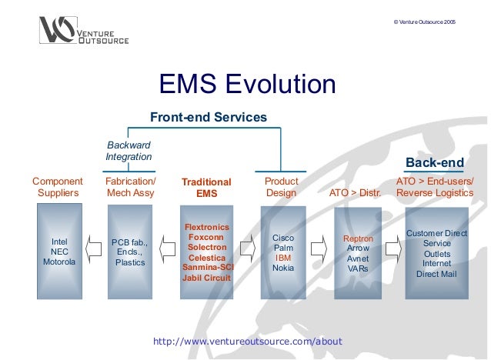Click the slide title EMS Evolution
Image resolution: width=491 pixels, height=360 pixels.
pos(246,85)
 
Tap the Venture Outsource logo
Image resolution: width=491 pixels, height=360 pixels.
pos(84,31)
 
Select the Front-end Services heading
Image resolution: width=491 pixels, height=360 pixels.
pos(208,118)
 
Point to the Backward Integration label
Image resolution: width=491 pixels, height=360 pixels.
pos(129,151)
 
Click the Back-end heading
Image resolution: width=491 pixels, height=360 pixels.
pos(434,162)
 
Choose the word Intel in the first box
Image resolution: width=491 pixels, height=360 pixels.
pos(58,240)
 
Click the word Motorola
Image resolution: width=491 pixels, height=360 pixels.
pos(58,262)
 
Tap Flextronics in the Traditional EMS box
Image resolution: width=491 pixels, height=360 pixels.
pos(206,228)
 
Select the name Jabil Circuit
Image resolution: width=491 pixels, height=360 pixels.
pos(206,278)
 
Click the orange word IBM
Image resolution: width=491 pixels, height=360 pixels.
pos(283,258)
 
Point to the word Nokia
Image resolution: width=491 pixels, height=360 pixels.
pos(283,268)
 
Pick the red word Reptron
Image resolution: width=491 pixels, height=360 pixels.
pos(357,239)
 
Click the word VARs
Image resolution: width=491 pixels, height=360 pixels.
pos(357,268)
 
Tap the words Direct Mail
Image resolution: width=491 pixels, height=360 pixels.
pos(436,274)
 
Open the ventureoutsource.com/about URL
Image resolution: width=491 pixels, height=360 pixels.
pos(248,341)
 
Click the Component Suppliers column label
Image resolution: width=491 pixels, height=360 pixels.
pos(58,187)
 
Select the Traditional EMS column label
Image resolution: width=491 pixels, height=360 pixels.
pos(206,188)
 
